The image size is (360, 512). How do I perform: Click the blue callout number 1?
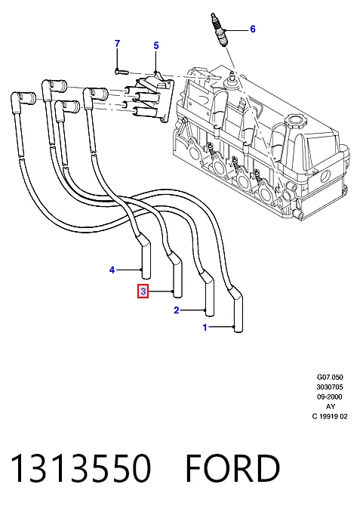tap(205, 327)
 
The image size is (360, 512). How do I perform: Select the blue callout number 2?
tap(177, 310)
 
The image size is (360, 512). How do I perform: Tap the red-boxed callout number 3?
tap(143, 291)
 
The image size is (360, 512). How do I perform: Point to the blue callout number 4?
tap(112, 270)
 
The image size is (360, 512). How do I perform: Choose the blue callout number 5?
tap(156, 46)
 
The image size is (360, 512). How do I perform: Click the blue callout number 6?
tap(253, 29)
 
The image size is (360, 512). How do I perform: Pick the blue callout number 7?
tap(117, 44)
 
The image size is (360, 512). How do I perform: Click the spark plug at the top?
tap(218, 29)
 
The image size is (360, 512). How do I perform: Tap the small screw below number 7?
tap(122, 70)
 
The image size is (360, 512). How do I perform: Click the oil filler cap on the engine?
tap(295, 122)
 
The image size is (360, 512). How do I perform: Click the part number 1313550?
tap(81, 468)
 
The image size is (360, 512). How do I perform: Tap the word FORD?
tap(232, 468)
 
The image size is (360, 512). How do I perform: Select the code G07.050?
tap(330, 377)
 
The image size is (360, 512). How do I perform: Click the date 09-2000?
tap(330, 396)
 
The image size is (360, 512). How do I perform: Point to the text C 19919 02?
tap(330, 416)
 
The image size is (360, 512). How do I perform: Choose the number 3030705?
tap(330, 387)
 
